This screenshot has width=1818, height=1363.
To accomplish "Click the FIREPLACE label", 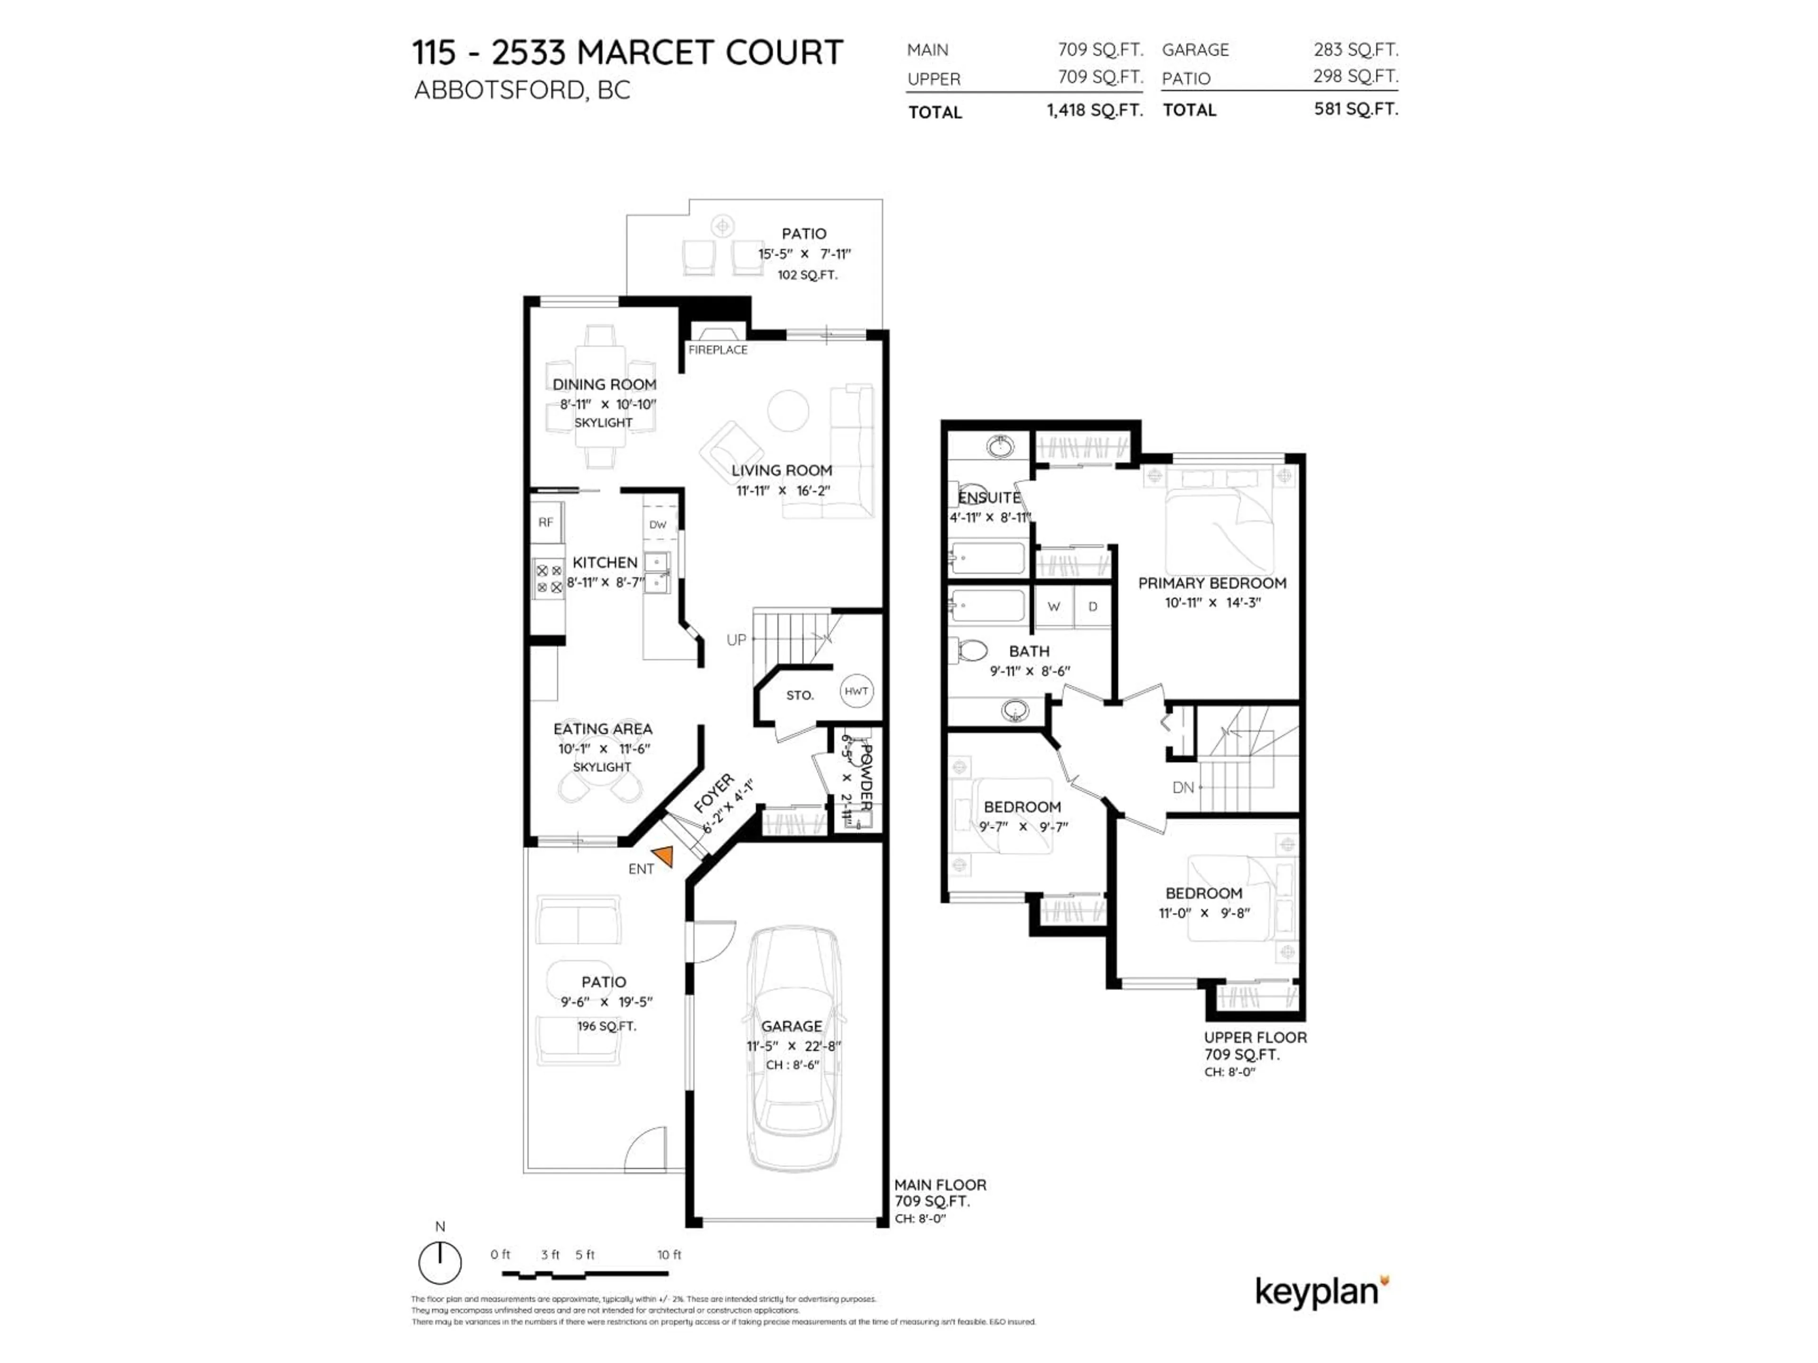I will point(718,350).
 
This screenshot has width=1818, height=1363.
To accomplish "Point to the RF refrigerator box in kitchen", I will point(546,522).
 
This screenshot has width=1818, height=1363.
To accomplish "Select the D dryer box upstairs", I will point(1092,606).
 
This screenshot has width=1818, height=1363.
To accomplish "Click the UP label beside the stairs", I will point(736,639).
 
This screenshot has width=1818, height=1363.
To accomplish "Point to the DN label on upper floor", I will point(1183,787).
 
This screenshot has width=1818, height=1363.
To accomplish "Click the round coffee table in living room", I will point(787,409).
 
